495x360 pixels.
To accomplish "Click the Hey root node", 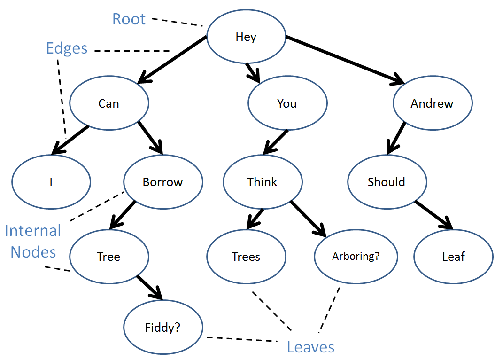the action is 246,37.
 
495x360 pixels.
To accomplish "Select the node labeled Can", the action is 109,103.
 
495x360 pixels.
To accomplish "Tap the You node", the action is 287,103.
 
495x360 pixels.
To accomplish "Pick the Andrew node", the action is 433,103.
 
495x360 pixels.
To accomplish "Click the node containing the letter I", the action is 51,182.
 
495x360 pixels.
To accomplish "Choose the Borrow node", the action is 163,182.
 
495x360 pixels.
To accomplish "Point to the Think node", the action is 263,182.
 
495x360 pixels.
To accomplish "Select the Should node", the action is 387,182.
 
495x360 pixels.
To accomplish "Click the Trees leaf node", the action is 246,257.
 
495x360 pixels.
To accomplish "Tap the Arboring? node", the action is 356,257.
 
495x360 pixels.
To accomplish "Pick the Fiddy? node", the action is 163,327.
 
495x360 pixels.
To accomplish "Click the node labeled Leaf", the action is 453,257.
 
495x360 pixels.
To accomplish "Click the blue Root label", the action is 129,19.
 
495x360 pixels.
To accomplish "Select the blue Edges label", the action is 67,49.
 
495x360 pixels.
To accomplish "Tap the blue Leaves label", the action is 310,347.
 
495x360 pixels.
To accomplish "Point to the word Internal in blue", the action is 33,231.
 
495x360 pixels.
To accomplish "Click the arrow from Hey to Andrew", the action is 345,60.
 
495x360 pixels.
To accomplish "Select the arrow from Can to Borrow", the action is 150,138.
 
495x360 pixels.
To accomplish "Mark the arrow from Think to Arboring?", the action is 308,219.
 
